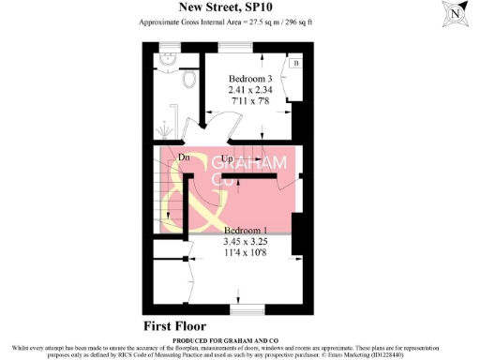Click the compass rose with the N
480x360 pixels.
456,16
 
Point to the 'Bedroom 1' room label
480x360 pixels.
246,231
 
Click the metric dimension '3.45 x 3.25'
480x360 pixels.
246,242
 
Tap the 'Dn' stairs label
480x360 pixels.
171,156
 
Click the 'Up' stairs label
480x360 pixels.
227,158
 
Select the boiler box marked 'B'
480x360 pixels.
294,63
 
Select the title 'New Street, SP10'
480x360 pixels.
239,7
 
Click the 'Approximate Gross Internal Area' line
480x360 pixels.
239,21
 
